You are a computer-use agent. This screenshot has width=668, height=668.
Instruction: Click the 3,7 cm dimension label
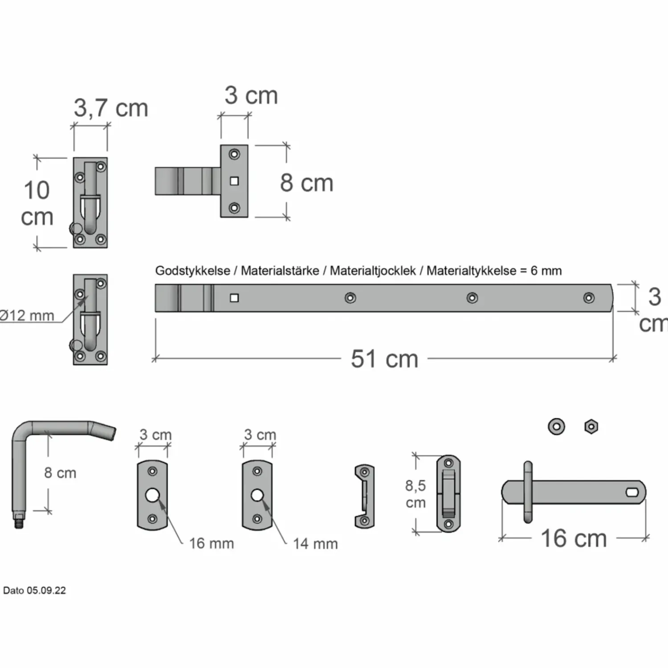click(x=111, y=108)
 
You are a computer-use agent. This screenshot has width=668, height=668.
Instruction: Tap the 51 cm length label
click(x=385, y=359)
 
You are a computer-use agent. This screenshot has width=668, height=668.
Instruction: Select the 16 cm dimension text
click(x=574, y=538)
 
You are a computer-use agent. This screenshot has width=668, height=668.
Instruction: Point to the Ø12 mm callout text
click(x=27, y=316)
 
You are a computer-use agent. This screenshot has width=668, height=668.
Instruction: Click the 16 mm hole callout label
click(x=212, y=543)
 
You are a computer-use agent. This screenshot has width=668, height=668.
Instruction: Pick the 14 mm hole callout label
click(x=315, y=544)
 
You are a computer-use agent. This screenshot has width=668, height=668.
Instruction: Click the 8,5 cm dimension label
click(x=415, y=494)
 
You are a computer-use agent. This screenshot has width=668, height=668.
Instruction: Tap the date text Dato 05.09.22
click(x=34, y=591)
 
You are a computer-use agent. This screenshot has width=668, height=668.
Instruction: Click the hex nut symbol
click(x=591, y=427)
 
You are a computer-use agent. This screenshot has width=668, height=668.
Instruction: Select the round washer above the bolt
click(x=556, y=427)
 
